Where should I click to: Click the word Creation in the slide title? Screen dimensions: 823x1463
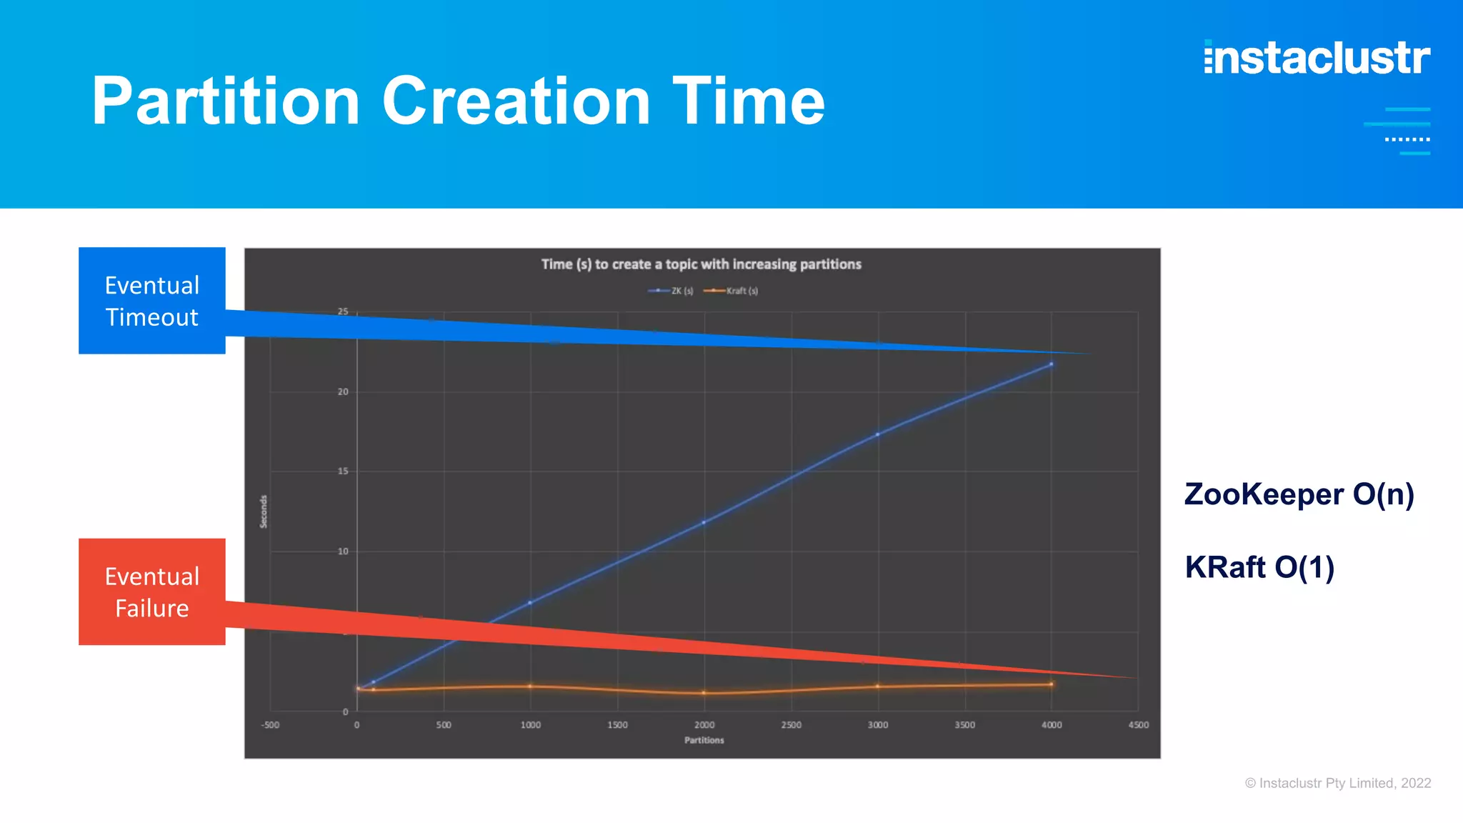tap(516, 101)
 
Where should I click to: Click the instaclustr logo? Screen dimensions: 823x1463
tap(1317, 58)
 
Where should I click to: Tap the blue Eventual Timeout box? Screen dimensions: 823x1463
tap(152, 301)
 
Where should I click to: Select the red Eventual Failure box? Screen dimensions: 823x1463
tap(152, 592)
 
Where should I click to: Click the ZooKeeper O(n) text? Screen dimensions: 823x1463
tap(1299, 494)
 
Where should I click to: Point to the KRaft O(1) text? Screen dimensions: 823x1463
tap(1259, 567)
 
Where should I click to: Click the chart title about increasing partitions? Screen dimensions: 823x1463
tap(701, 264)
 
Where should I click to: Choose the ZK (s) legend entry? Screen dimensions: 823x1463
tap(671, 291)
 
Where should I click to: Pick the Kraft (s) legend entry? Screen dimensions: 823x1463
tap(731, 291)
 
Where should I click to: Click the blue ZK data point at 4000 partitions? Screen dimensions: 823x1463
tap(1051, 364)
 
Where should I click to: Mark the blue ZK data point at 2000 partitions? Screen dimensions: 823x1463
tap(704, 522)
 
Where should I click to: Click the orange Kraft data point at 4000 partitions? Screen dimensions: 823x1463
tap(1051, 684)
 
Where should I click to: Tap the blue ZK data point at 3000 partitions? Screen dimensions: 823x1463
tap(877, 434)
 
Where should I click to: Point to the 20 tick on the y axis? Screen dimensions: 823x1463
tap(343, 391)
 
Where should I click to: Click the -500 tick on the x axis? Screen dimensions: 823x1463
tap(270, 725)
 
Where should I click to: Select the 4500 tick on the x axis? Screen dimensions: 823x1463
tap(1138, 725)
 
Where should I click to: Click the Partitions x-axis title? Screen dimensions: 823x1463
tap(704, 740)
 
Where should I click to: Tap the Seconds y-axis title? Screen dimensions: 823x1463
tap(264, 512)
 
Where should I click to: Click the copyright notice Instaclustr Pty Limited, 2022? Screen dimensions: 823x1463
tap(1338, 783)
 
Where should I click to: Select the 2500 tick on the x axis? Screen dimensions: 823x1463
tap(791, 725)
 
